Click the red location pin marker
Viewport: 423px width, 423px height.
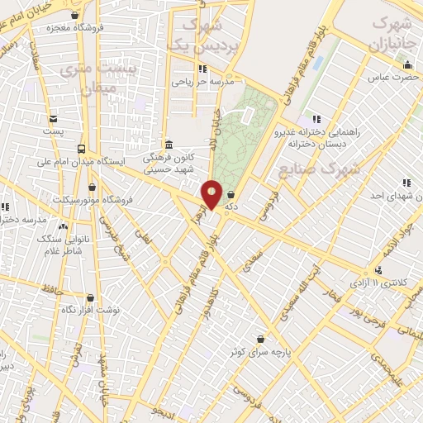212,194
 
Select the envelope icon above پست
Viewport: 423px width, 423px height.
54,119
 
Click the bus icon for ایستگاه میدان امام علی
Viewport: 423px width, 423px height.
81,149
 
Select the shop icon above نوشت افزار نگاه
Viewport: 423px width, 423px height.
90,297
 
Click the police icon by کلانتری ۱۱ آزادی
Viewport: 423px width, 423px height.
378,271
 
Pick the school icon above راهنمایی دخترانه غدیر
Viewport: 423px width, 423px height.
316,119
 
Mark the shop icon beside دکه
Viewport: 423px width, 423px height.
230,195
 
